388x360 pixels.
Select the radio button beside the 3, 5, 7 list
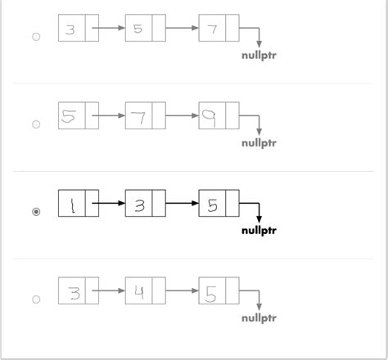(x=35, y=37)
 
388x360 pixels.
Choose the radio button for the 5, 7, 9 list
(x=35, y=124)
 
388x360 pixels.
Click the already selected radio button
(x=35, y=212)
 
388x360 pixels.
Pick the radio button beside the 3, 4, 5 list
(x=35, y=299)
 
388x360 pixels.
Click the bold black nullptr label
(x=259, y=230)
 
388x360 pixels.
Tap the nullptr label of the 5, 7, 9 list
(x=259, y=142)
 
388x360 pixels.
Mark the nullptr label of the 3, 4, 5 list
(x=259, y=317)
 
